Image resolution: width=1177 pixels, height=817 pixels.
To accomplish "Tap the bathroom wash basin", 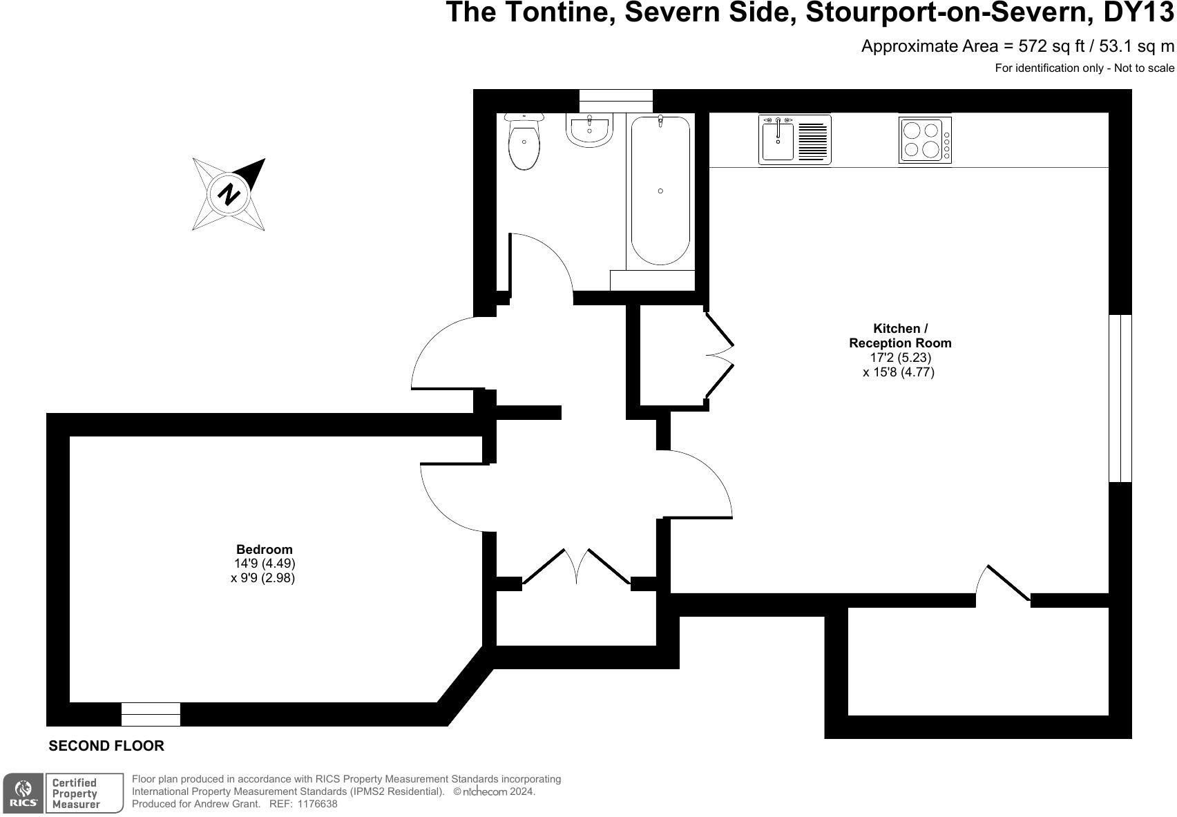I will click(x=589, y=130).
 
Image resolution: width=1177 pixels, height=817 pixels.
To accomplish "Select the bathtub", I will click(x=660, y=191).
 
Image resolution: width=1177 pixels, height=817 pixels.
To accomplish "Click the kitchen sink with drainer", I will click(x=794, y=140).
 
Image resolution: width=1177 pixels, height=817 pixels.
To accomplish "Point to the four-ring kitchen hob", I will click(x=924, y=140).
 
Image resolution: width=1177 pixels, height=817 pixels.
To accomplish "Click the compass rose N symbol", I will click(x=229, y=193).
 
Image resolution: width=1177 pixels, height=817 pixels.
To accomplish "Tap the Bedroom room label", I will click(x=265, y=550).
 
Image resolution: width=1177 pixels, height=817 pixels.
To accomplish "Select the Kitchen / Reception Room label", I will click(x=900, y=336).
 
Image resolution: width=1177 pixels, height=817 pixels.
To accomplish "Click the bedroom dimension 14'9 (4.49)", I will click(x=265, y=564).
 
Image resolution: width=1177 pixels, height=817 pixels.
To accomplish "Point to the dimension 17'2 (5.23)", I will click(x=900, y=358).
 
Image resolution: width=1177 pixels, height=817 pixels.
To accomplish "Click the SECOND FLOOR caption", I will click(x=106, y=746).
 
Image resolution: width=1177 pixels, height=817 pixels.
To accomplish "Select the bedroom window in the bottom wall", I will click(x=151, y=714).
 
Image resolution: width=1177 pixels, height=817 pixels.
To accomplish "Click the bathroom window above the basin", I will click(x=615, y=101).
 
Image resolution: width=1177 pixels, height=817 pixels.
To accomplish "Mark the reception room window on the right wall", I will click(x=1120, y=398).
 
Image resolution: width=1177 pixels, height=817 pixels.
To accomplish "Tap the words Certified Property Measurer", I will click(x=75, y=793).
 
